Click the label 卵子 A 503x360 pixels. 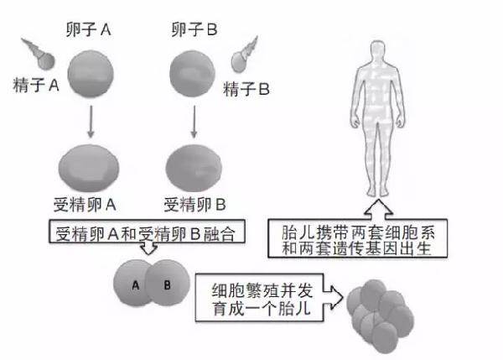click(89, 29)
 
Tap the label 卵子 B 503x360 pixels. click(194, 29)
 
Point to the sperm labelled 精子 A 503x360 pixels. click(39, 55)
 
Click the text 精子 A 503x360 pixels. click(36, 86)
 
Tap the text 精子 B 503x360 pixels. click(246, 89)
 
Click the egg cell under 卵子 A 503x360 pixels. click(91, 73)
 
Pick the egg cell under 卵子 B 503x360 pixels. click(192, 74)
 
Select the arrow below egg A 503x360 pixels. click(91, 122)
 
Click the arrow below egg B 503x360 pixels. click(194, 122)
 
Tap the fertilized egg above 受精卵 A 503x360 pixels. click(89, 168)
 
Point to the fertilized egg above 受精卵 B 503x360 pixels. click(194, 168)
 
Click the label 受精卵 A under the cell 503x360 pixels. click(85, 205)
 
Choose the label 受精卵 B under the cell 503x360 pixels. click(195, 205)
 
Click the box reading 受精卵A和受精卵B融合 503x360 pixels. click(147, 232)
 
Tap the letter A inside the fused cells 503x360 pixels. click(136, 285)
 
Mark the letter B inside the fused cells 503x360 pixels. click(167, 284)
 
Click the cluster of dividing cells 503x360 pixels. click(380, 316)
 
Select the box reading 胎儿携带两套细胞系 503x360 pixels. click(357, 238)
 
